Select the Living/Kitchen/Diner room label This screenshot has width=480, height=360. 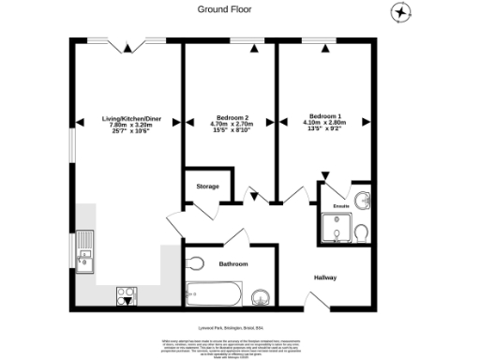coord(126,124)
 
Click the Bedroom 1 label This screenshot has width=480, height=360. coord(325,124)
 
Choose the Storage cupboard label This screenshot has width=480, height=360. coord(207,187)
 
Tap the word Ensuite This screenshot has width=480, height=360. coord(341,204)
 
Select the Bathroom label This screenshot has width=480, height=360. coord(233,264)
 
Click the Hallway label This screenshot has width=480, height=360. coord(324,277)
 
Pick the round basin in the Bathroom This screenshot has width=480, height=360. coord(262,298)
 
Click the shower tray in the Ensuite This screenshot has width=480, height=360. coord(336,228)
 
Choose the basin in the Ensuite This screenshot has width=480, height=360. coord(365,200)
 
